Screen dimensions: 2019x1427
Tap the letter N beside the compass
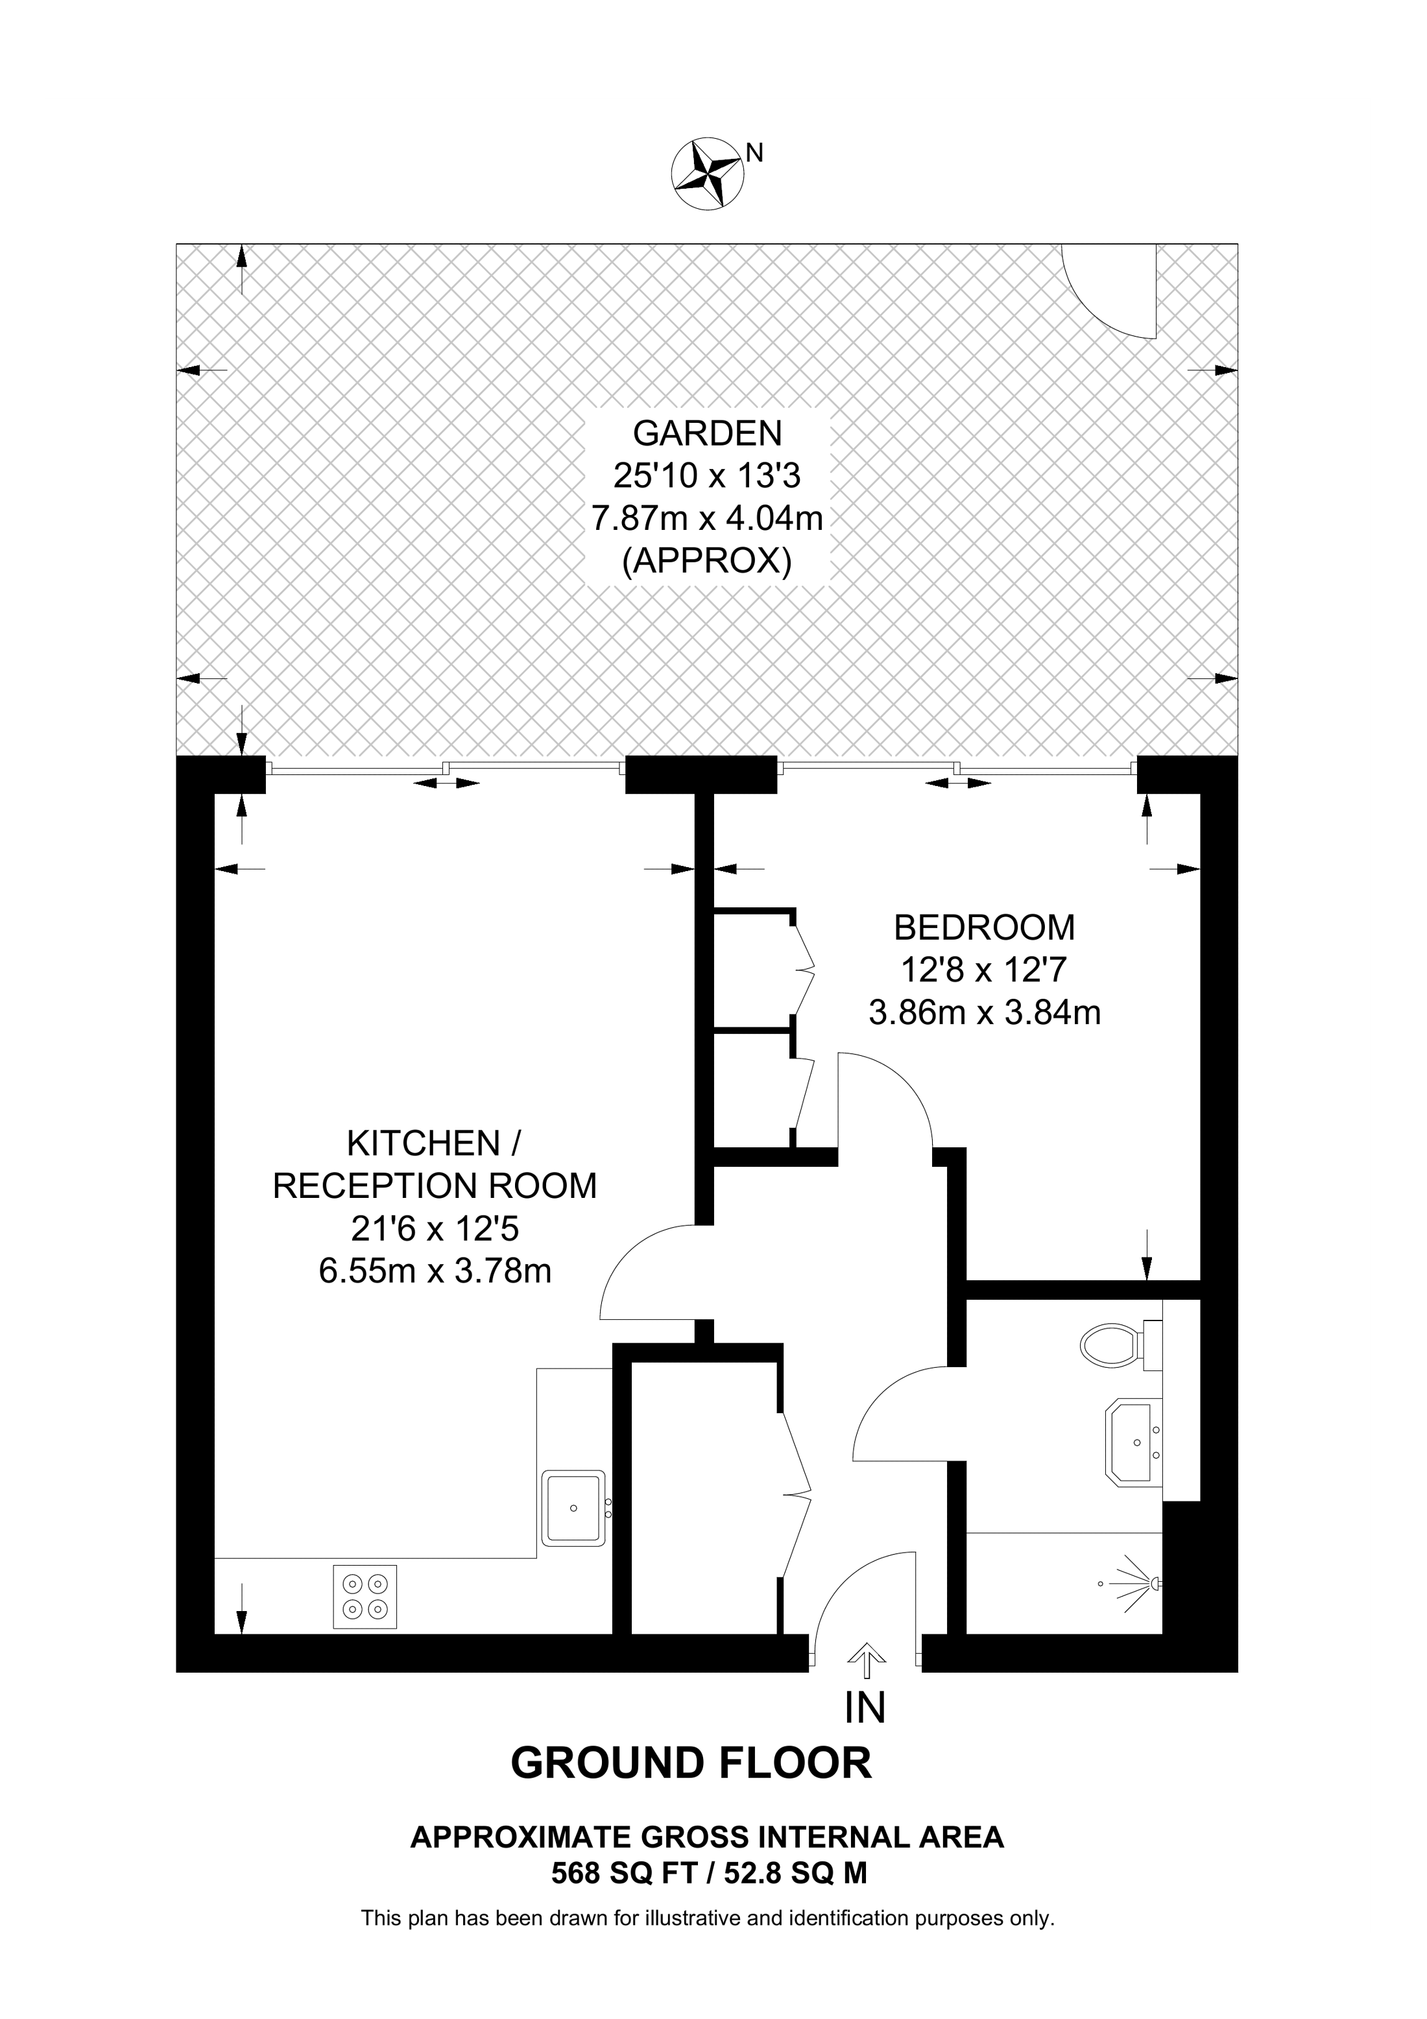point(754,153)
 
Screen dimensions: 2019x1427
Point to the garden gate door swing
point(1110,294)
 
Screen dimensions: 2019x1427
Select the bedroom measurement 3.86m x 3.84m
point(984,1013)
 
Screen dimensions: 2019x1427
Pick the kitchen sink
point(573,1508)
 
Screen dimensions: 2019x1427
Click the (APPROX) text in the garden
point(707,561)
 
